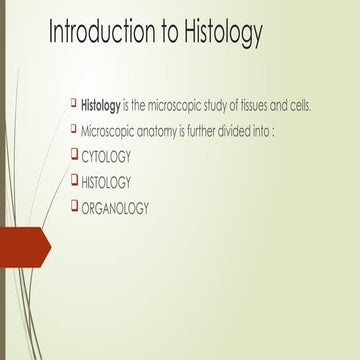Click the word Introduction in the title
click(101, 33)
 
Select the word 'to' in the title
click(166, 33)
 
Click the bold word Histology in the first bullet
click(101, 106)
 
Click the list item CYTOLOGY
click(106, 157)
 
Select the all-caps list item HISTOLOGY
click(108, 182)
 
